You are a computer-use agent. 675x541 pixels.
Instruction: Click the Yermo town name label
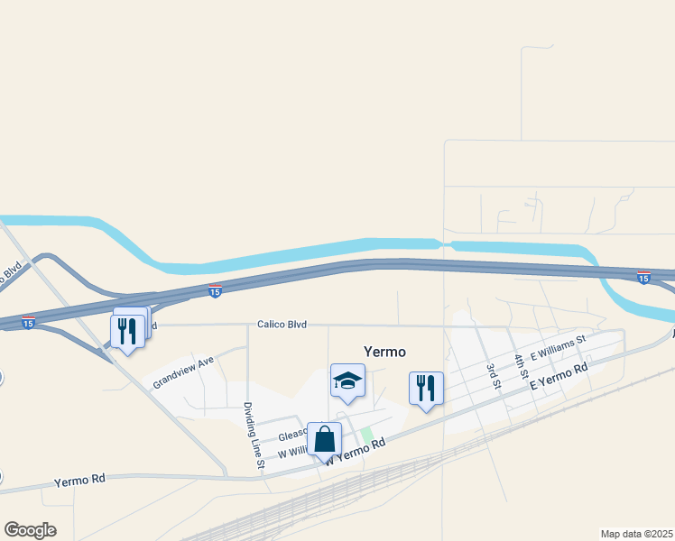(384, 352)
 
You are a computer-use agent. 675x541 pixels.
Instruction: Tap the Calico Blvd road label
(282, 325)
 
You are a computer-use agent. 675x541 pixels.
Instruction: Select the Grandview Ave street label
(183, 372)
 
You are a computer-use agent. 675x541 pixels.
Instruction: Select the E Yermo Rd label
(559, 377)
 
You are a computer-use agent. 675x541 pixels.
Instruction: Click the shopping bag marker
(324, 440)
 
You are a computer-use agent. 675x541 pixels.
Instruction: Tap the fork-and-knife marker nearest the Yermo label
(426, 389)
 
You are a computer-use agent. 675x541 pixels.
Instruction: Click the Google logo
(30, 529)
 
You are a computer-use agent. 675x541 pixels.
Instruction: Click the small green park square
(367, 435)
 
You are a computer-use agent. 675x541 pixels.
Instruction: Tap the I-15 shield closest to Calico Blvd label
(215, 291)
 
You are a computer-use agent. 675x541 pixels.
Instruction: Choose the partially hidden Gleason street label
(292, 435)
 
